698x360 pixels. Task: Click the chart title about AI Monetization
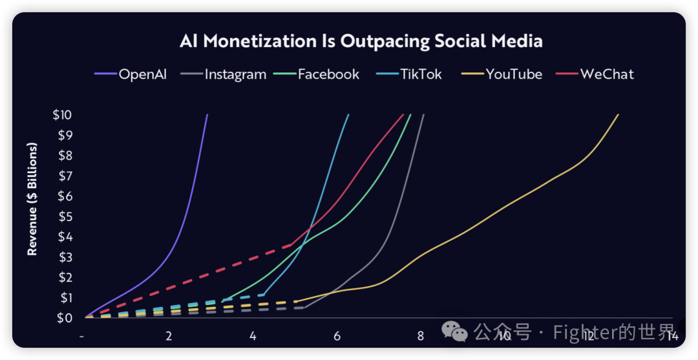(x=361, y=41)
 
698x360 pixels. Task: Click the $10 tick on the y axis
(x=63, y=115)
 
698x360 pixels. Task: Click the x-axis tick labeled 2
(x=169, y=336)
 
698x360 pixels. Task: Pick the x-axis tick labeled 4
(x=253, y=336)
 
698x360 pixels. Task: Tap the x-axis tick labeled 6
(x=337, y=336)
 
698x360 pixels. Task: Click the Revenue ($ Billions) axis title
(x=32, y=199)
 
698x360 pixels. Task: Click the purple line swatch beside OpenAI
(x=105, y=74)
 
